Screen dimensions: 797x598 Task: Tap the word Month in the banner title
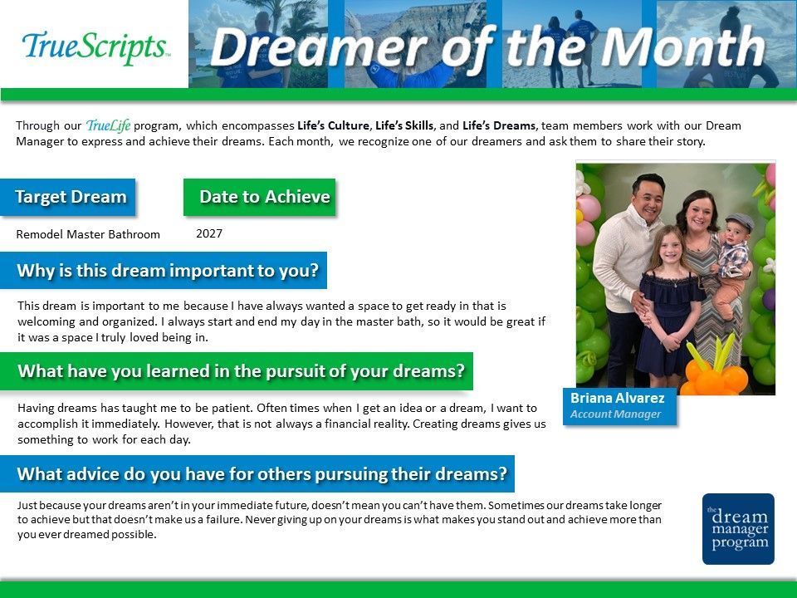(x=682, y=47)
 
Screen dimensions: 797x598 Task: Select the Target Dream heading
(x=71, y=197)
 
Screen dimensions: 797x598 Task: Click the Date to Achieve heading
(x=265, y=197)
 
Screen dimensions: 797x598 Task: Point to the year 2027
(x=209, y=233)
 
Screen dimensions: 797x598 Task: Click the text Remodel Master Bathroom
(x=88, y=234)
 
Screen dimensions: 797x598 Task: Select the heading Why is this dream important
(x=168, y=271)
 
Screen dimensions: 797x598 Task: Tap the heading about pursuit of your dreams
(x=241, y=371)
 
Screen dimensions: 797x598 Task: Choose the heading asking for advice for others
(x=262, y=474)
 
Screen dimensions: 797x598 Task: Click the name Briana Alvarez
(x=617, y=398)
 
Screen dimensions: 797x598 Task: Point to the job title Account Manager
(x=615, y=414)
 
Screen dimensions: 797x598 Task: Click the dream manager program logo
(x=738, y=529)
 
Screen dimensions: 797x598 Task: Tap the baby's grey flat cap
(x=740, y=221)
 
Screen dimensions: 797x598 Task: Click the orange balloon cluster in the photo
(x=711, y=374)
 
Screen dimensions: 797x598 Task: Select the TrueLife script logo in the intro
(x=108, y=125)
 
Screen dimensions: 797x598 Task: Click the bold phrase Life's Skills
(x=404, y=125)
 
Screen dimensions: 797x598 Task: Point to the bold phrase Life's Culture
(x=333, y=125)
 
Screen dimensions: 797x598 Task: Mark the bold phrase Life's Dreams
(x=499, y=125)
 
